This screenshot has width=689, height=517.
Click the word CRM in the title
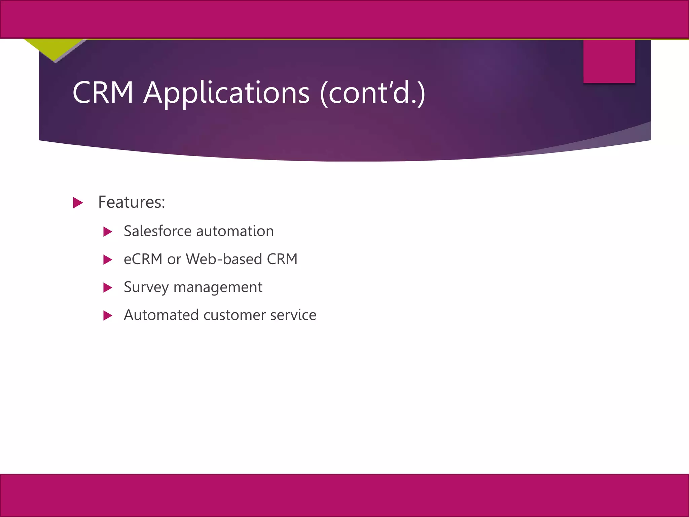(103, 93)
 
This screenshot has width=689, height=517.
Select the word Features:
(132, 202)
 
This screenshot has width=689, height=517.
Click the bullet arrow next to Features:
(78, 203)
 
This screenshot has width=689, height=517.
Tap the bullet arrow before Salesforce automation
(108, 232)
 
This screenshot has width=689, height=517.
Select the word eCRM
(143, 259)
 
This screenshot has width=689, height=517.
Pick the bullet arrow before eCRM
(108, 260)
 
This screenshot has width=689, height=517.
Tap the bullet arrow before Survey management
(108, 287)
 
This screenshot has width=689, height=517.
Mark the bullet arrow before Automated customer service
(108, 315)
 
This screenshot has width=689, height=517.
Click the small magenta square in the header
(609, 61)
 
